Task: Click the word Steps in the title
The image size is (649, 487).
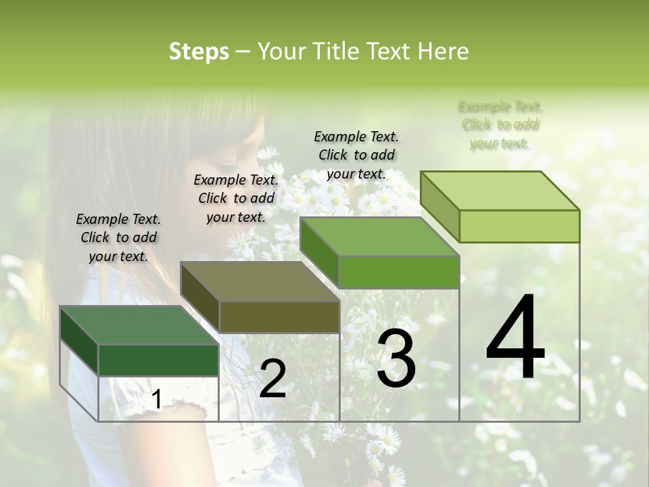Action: (199, 51)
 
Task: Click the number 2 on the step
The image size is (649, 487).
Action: (272, 379)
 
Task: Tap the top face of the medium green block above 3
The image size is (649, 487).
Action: (379, 237)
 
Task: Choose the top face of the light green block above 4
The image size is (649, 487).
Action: (500, 191)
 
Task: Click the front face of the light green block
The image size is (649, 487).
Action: (519, 226)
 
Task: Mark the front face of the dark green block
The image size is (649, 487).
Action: (158, 360)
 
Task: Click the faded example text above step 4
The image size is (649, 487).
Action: (500, 125)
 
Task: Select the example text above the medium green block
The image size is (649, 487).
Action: (356, 155)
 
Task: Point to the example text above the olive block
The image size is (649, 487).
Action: (236, 198)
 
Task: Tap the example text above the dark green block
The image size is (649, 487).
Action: (118, 237)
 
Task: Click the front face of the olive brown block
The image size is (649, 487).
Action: (279, 317)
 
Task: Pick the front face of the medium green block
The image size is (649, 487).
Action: (399, 272)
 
